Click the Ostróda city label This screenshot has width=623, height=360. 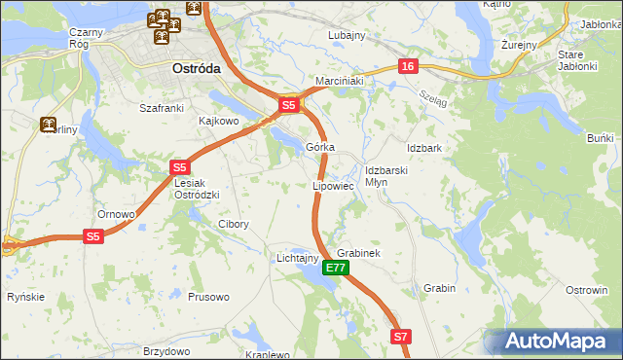[x=196, y=70]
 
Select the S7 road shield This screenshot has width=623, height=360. [x=401, y=337]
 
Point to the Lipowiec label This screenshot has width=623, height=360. [x=332, y=185]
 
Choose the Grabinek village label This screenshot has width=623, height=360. [x=357, y=253]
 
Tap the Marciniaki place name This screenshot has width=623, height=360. [x=338, y=81]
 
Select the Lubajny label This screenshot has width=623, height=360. [x=346, y=35]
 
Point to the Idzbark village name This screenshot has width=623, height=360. [x=424, y=148]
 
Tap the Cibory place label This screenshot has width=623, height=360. [x=233, y=224]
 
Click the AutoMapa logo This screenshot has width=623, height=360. [x=552, y=342]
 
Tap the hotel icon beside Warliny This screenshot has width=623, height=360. [x=47, y=125]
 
